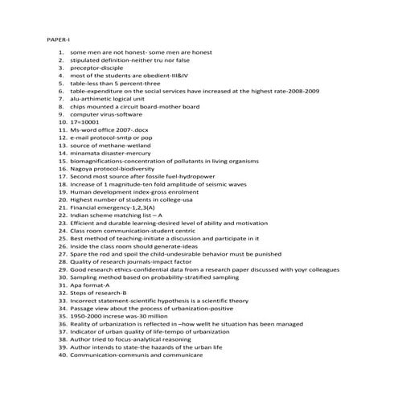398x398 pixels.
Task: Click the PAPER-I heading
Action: [x=59, y=39]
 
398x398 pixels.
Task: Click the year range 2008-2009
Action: [x=300, y=91]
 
